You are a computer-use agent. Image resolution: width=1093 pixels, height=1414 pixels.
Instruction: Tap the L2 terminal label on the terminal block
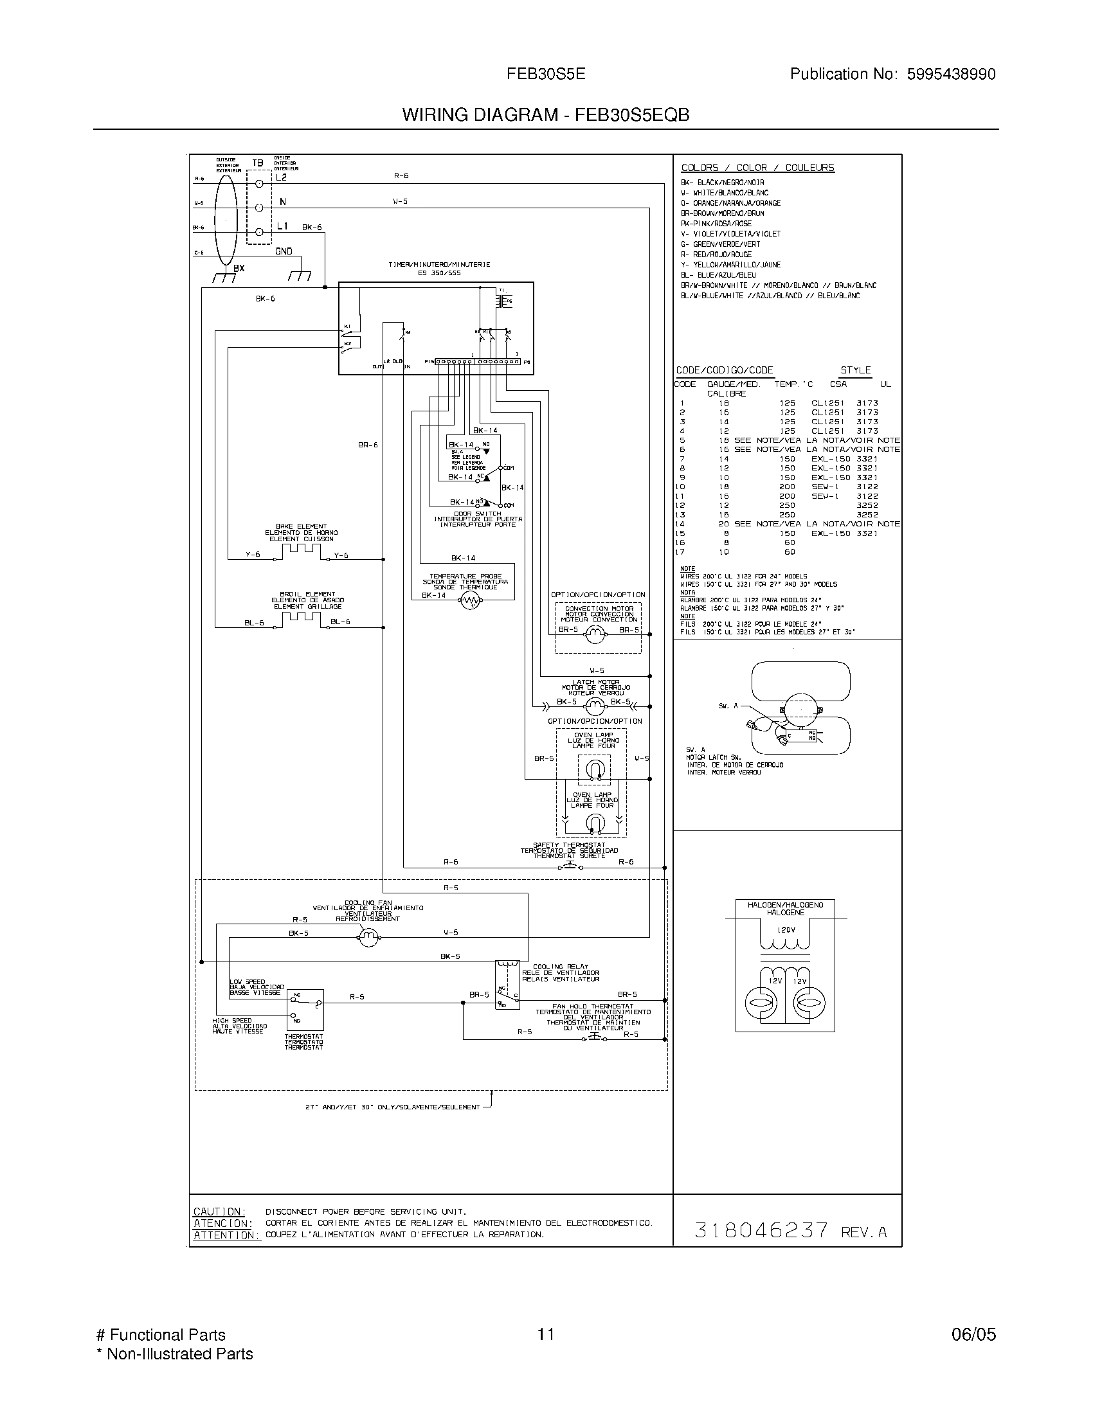pos(281,177)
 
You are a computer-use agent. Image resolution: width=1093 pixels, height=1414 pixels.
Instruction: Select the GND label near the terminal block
pos(284,251)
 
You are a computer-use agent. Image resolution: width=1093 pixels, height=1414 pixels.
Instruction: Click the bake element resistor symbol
pos(301,550)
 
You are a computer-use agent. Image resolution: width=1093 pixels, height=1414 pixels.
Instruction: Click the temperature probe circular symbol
pos(471,602)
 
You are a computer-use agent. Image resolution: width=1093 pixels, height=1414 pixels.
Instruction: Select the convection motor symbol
pos(595,635)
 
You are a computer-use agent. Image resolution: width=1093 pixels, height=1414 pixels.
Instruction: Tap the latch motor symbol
pos(594,706)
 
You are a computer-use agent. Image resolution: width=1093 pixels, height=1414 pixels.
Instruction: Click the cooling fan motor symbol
pos(368,937)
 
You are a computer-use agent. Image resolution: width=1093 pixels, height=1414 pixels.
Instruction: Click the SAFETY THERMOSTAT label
pos(569,845)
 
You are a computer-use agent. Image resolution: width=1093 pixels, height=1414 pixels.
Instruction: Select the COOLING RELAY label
pos(561,967)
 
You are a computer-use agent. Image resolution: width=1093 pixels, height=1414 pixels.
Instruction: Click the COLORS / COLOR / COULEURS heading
pos(757,168)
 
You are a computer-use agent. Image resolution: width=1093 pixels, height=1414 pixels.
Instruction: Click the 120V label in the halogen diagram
pos(786,930)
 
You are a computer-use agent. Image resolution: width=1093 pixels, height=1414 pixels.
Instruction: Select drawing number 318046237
pos(761,1230)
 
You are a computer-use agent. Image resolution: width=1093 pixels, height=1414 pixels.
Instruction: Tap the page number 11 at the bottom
pos(546,1335)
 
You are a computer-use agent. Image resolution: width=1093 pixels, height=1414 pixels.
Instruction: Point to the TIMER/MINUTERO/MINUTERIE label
pos(439,265)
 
